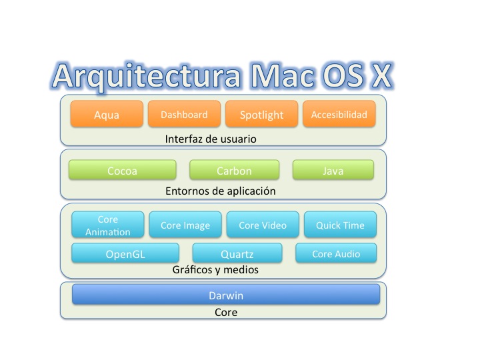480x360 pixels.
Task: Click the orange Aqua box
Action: (x=107, y=114)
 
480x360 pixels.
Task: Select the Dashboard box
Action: (x=184, y=114)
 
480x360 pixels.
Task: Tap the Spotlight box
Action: (x=262, y=114)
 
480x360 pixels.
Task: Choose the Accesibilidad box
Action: (x=339, y=114)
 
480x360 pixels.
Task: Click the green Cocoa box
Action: (x=122, y=171)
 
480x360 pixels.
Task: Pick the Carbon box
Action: (x=234, y=171)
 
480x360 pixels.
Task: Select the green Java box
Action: (x=333, y=171)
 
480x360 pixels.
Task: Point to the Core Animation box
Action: (x=107, y=225)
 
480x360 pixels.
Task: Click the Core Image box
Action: (x=185, y=225)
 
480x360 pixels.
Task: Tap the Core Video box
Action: (x=262, y=225)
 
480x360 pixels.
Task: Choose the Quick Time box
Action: (x=340, y=225)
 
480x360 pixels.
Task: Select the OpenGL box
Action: (x=125, y=254)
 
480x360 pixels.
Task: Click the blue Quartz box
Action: (x=237, y=254)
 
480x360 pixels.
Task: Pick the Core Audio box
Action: (x=336, y=254)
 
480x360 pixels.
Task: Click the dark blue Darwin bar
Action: (x=226, y=295)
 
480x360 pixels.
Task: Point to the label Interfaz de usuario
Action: (x=211, y=139)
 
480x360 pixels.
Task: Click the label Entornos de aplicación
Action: (x=220, y=191)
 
